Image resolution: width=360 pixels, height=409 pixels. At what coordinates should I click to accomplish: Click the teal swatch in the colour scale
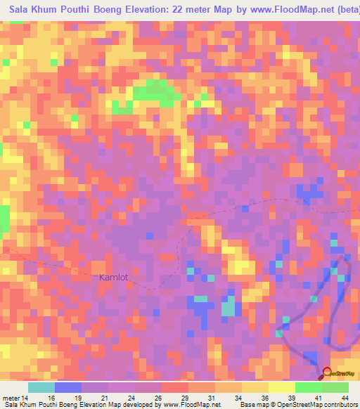(x=41, y=387)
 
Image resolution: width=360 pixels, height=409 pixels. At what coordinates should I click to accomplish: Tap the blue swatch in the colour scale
(x=68, y=387)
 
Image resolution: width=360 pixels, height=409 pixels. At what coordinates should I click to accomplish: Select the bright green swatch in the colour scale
(x=309, y=387)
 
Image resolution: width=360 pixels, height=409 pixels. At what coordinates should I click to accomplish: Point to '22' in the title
(x=165, y=9)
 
